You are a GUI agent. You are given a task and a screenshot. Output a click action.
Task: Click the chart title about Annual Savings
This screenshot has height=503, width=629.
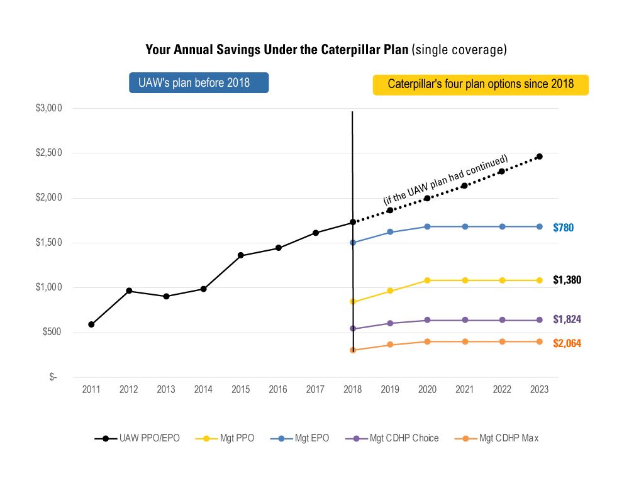pos(326,50)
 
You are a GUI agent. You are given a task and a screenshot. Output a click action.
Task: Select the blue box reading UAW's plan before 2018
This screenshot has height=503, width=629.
pos(199,83)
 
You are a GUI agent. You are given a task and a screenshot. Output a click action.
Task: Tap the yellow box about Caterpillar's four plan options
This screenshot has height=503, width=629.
pos(481,84)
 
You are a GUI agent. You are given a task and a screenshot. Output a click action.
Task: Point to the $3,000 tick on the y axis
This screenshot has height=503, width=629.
pos(48,108)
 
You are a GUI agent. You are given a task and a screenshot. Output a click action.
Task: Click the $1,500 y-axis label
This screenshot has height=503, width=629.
pos(48,243)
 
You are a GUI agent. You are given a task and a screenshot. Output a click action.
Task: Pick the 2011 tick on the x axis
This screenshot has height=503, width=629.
pos(91,390)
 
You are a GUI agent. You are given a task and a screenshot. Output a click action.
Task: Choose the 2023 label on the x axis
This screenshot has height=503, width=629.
pos(539,390)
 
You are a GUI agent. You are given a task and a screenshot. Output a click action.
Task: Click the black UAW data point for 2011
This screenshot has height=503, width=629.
pos(91,324)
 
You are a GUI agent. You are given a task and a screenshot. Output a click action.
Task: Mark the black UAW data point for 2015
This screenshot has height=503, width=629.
pos(241,255)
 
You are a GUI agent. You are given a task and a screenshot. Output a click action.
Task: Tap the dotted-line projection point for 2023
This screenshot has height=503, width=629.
pos(539,157)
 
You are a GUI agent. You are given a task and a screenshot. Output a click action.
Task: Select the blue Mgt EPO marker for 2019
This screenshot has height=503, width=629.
pos(390,232)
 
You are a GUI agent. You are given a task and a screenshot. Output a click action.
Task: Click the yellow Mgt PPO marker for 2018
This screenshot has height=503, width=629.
pos(353,302)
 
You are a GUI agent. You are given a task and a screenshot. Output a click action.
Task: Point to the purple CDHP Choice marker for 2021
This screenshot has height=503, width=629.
pos(465,320)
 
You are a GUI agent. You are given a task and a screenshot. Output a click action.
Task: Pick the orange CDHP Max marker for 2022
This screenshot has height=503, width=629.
pos(502,341)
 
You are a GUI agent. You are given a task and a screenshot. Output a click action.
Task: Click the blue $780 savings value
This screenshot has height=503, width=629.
pos(564,228)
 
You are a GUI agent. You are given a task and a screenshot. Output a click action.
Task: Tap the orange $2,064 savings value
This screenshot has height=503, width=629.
pos(567,343)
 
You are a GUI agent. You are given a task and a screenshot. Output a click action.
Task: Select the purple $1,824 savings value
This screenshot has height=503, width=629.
pos(567,319)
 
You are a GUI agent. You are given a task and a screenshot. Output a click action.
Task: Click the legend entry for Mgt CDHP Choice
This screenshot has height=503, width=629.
pos(393,438)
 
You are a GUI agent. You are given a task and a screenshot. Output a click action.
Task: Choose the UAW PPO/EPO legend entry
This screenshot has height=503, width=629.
pos(138,438)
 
